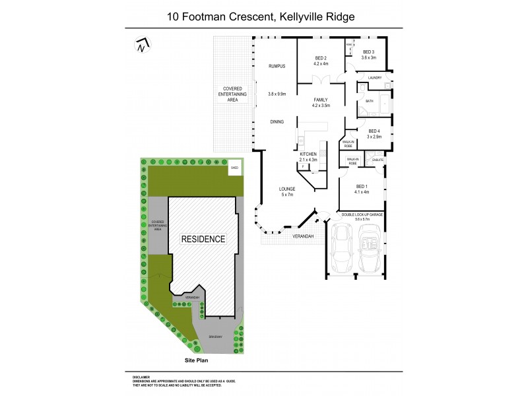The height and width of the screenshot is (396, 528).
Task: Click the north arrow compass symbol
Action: (x=141, y=46)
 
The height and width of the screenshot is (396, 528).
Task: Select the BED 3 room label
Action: (x=368, y=53)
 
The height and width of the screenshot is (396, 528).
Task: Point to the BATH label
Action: (x=370, y=101)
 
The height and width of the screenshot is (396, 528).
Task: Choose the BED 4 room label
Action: (x=374, y=131)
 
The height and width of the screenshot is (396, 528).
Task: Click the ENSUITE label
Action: (x=378, y=159)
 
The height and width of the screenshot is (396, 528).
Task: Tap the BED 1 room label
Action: (x=362, y=186)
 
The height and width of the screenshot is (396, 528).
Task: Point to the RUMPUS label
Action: (x=276, y=67)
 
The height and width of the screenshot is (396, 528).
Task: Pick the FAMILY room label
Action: (x=321, y=100)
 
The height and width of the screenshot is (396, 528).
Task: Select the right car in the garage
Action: (x=370, y=250)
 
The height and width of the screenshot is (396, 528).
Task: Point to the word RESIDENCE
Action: (x=203, y=239)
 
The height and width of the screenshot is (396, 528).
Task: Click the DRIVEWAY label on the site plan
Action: (x=216, y=337)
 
